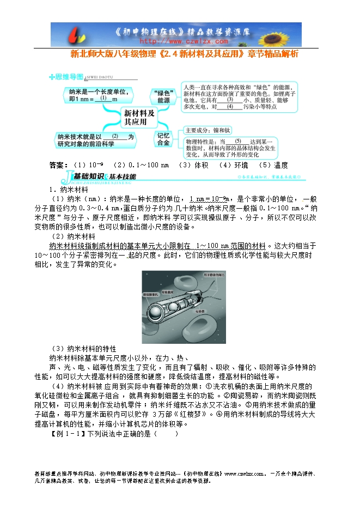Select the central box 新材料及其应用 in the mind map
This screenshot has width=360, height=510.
139,116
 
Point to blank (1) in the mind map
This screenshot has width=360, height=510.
102,99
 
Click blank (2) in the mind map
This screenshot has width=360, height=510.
114,137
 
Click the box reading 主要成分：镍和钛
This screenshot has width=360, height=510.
209,130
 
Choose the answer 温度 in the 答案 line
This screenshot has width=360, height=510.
280,165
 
